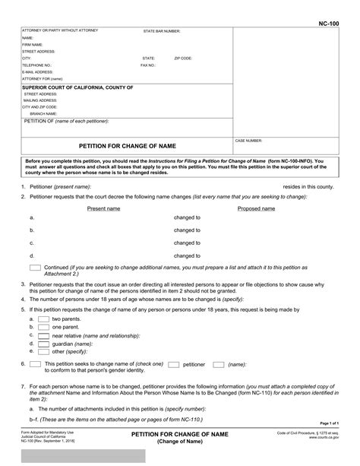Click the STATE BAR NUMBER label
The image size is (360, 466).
(162, 31)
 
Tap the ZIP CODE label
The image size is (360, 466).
(183, 58)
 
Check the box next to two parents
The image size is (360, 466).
(45, 319)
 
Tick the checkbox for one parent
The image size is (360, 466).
(45, 327)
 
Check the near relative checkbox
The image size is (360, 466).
(45, 335)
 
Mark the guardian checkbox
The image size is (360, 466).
(45, 344)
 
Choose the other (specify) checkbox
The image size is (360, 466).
(45, 352)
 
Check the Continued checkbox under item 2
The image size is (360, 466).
(35, 268)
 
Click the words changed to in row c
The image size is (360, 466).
(187, 243)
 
